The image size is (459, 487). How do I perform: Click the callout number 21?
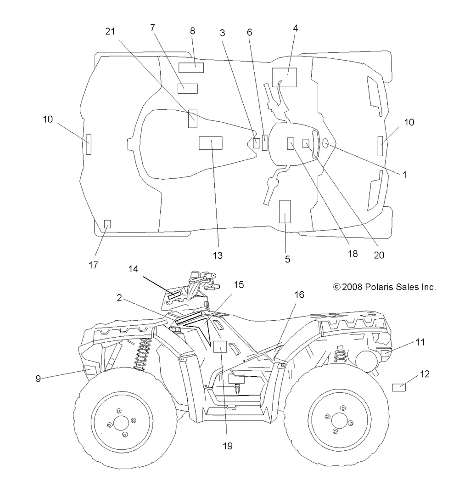pos(110,31)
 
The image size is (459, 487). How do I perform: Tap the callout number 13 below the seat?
pos(218,255)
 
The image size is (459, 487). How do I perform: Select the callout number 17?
pos(93,265)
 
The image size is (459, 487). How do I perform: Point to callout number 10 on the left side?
pos(48,119)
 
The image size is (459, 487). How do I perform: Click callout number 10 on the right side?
pos(409,122)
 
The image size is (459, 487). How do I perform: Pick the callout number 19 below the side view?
pos(228,446)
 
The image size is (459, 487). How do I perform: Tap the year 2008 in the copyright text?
pos(352,287)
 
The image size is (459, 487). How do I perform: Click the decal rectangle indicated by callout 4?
pos(284,77)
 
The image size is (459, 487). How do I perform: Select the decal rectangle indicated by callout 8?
pos(191,68)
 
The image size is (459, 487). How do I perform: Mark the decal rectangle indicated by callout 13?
pos(210,143)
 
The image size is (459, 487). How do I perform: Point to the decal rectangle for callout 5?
pos(285,211)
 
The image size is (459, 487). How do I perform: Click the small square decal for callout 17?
pos(107,224)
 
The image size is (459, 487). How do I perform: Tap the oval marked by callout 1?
pos(325,143)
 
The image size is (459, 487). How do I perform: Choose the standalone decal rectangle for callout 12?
pos(399,387)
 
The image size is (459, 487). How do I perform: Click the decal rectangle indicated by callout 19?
pos(220,346)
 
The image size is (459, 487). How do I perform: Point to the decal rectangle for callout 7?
pos(187,89)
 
